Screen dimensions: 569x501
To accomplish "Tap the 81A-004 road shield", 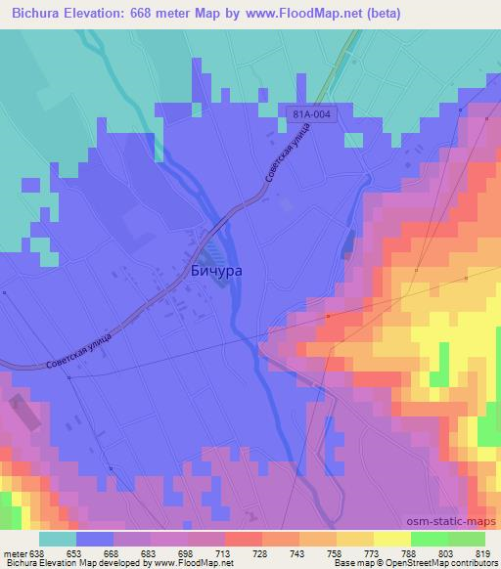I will coord(309,114).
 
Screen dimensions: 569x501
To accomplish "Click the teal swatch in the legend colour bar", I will coord(58,539).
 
